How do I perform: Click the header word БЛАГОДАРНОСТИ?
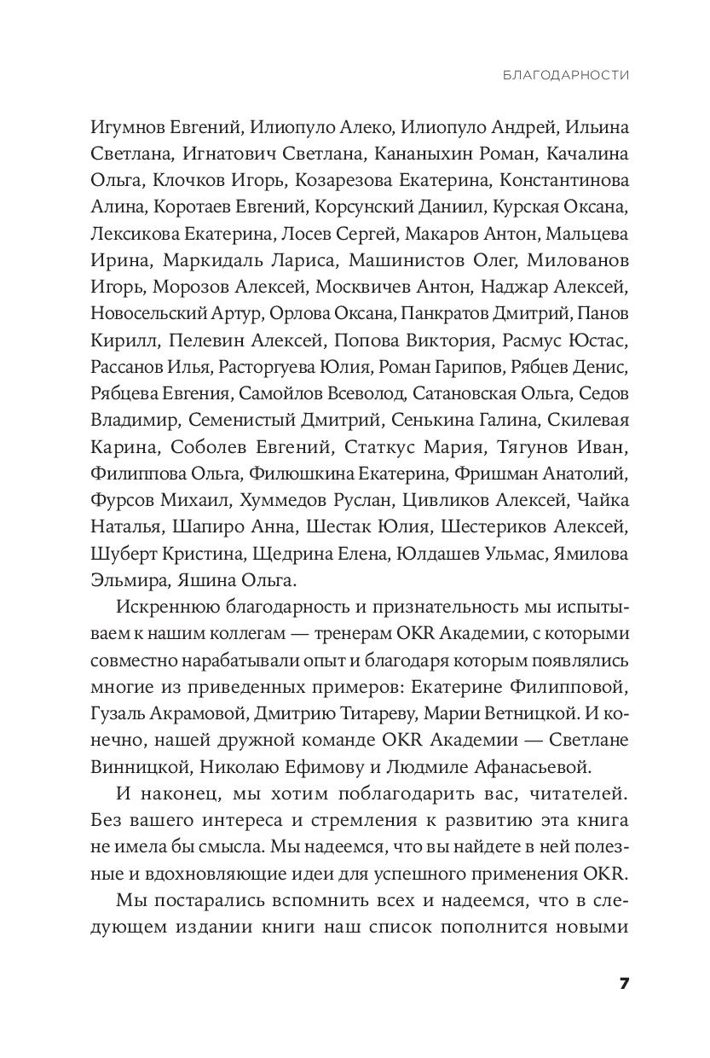(566, 75)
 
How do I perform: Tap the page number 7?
(624, 983)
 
